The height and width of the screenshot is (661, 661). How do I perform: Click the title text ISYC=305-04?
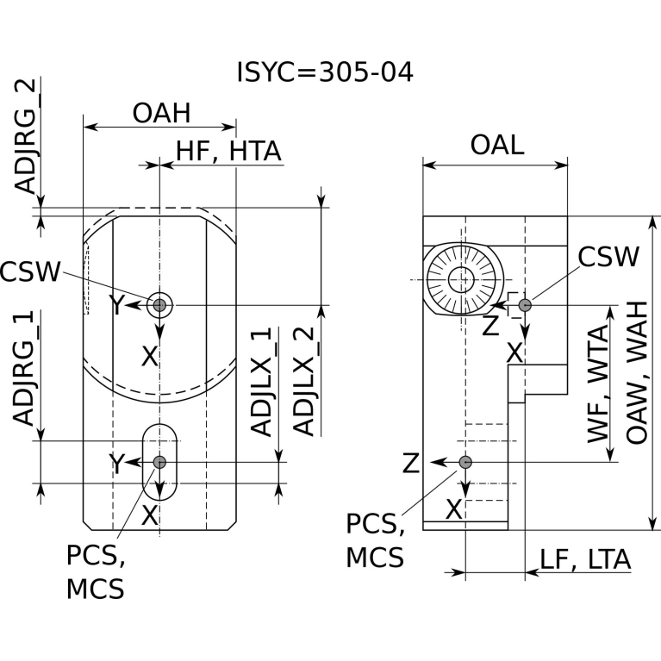(x=325, y=72)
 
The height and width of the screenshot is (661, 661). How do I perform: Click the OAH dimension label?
(x=161, y=113)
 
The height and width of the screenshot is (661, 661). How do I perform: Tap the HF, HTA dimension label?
(x=228, y=152)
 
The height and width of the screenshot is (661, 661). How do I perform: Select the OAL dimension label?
(x=497, y=145)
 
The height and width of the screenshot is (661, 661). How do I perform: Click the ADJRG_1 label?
(x=23, y=368)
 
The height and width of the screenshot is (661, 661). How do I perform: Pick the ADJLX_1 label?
(x=261, y=381)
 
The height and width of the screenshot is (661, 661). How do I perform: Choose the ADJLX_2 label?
(x=304, y=381)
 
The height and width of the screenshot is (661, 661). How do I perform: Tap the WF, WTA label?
(x=599, y=384)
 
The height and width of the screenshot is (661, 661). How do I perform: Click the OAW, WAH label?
(x=637, y=372)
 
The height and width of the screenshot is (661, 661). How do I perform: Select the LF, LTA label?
(x=585, y=559)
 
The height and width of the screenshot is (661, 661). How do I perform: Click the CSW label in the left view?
(x=30, y=271)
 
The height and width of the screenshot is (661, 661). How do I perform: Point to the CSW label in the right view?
(x=608, y=256)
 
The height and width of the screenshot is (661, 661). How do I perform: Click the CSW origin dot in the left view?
(x=159, y=305)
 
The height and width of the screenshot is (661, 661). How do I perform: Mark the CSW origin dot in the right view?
(x=525, y=305)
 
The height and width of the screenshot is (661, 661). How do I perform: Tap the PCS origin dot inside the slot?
(x=159, y=462)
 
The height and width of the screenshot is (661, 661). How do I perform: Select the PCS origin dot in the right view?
(x=465, y=462)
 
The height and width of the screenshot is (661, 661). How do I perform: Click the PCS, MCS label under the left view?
(x=96, y=572)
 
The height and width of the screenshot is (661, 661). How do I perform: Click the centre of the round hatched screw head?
(x=462, y=279)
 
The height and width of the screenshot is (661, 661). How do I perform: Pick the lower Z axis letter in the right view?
(x=411, y=463)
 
